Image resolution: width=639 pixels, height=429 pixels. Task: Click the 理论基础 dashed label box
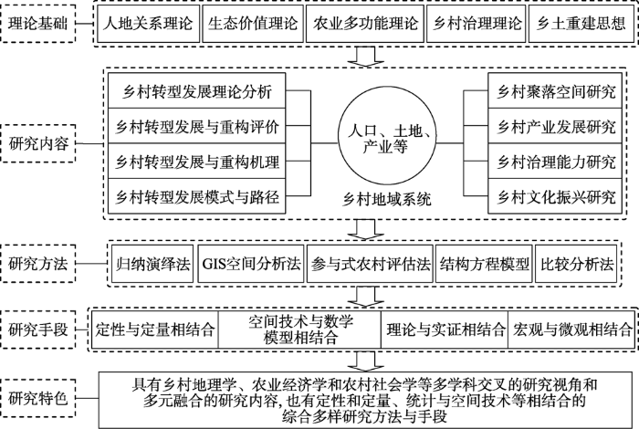click(x=38, y=24)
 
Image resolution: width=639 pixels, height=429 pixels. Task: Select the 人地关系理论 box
click(x=148, y=24)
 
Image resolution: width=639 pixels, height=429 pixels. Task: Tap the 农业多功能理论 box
click(x=365, y=24)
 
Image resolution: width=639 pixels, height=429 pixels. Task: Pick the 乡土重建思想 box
click(x=581, y=24)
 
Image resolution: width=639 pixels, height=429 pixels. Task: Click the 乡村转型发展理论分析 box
click(x=197, y=91)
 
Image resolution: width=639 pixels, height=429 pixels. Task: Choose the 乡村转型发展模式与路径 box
click(x=197, y=196)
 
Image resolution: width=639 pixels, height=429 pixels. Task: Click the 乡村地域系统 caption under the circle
click(x=386, y=200)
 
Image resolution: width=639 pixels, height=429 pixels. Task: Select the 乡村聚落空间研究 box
click(x=555, y=91)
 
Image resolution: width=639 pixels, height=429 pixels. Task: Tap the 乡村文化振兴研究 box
click(x=555, y=196)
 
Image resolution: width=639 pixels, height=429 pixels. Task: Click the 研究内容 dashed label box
click(x=38, y=144)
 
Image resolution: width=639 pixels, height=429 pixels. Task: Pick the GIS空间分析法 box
click(x=251, y=264)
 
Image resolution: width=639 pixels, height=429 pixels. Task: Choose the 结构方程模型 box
click(x=484, y=264)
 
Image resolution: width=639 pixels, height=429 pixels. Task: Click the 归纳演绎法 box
click(x=152, y=264)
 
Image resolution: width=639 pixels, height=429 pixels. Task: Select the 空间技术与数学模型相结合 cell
click(x=299, y=330)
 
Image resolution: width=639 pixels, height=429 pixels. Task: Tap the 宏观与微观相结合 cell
click(x=571, y=330)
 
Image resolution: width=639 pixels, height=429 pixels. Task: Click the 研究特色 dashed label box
click(x=38, y=398)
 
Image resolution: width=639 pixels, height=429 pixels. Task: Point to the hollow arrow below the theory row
click(x=365, y=57)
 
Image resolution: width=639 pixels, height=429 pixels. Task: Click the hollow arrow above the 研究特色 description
click(x=365, y=361)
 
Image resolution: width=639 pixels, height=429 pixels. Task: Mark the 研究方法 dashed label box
click(x=38, y=264)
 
